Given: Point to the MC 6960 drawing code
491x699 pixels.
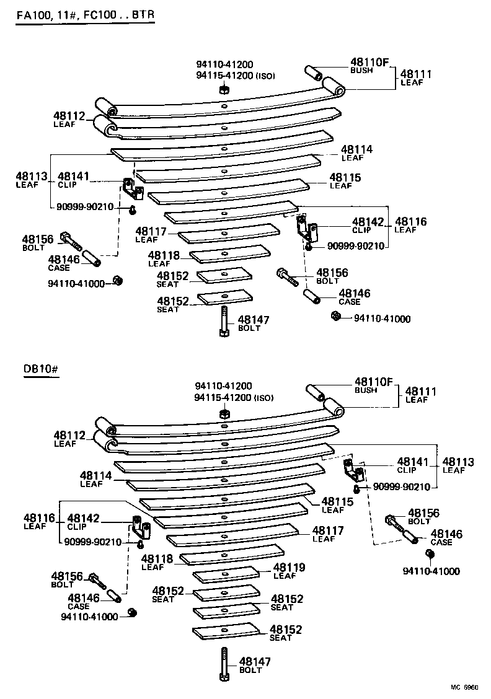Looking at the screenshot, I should pyautogui.click(x=464, y=688).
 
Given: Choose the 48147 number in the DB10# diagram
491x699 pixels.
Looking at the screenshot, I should pyautogui.click(x=255, y=662).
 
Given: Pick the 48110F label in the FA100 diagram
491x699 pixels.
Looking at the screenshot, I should pyautogui.click(x=369, y=61).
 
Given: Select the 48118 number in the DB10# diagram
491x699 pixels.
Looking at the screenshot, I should pyautogui.click(x=158, y=558).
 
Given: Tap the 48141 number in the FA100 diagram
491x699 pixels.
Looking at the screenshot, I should pyautogui.click(x=74, y=177).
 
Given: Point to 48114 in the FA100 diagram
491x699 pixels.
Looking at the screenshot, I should pyautogui.click(x=356, y=149).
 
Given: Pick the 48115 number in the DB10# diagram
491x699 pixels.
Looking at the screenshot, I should pyautogui.click(x=337, y=501).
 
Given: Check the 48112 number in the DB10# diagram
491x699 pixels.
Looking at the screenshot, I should pyautogui.click(x=69, y=435).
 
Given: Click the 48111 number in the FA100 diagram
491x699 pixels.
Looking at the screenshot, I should pyautogui.click(x=416, y=74).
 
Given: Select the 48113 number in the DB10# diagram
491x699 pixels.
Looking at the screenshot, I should pyautogui.click(x=458, y=462).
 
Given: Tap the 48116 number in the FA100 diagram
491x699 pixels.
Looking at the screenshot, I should pyautogui.click(x=410, y=221).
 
